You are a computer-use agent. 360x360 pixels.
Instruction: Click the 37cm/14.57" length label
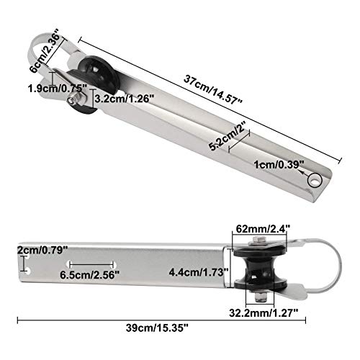pos(213,89)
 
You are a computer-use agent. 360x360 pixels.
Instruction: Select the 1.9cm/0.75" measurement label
pos(57,89)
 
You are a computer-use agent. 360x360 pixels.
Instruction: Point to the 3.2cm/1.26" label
pos(124,99)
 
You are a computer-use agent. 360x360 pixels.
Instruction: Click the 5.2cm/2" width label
pos(228,136)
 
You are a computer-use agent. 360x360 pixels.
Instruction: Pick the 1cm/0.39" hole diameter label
pos(279,165)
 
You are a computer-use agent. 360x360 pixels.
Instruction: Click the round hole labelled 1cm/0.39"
pos(315,180)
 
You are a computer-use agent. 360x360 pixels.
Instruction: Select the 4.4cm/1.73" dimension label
pos(199,272)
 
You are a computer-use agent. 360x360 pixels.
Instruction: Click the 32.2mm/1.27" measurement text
pos(264,312)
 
